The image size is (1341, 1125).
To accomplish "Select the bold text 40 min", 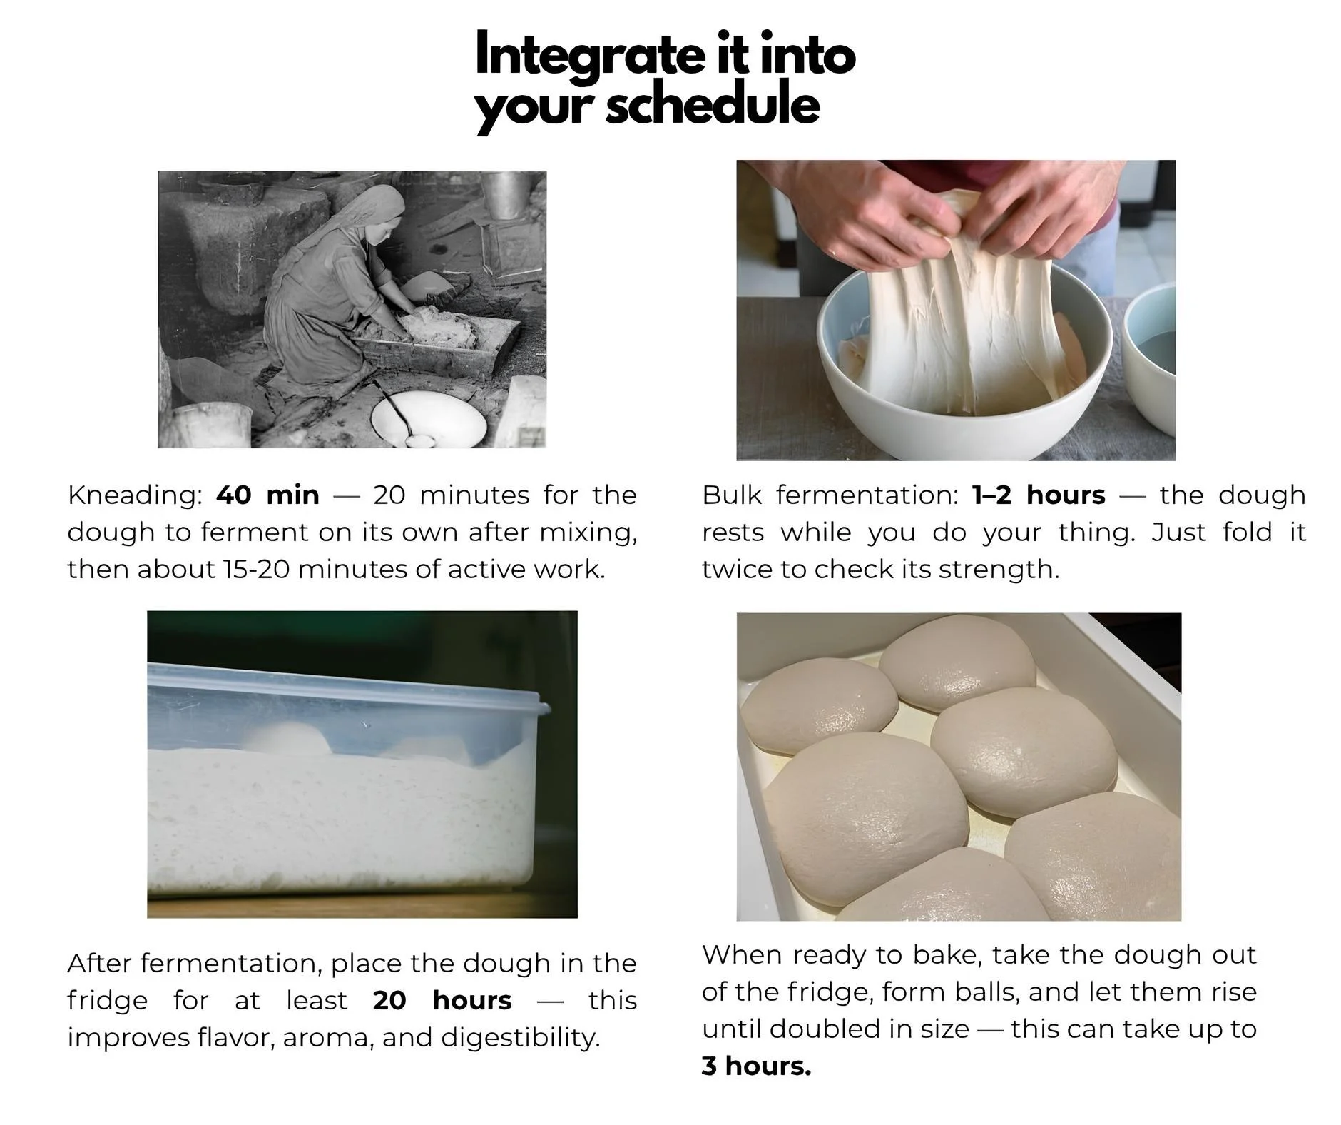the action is pyautogui.click(x=267, y=495).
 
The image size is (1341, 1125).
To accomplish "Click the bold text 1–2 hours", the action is pyautogui.click(x=1039, y=495).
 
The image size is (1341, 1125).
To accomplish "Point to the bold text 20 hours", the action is pyautogui.click(x=442, y=1000).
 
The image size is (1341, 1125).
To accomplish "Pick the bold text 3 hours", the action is pyautogui.click(x=756, y=1066).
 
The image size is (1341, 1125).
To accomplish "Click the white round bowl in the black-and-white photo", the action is pyautogui.click(x=429, y=419).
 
